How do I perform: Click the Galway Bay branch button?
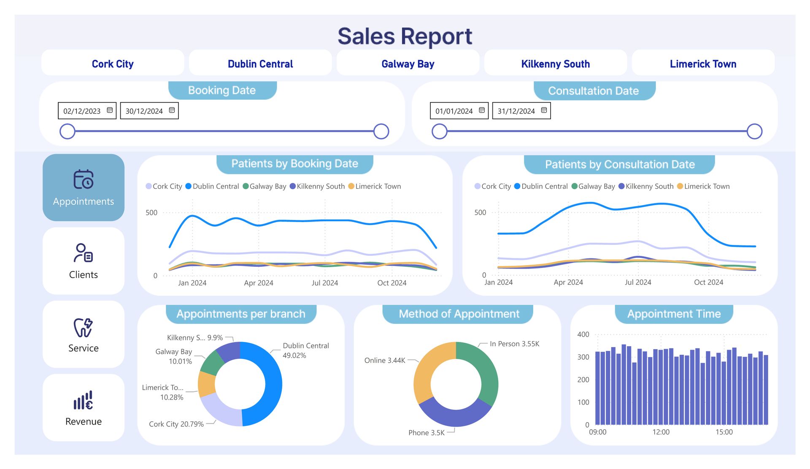click(408, 63)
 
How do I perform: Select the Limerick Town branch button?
click(703, 63)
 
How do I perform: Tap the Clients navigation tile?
click(84, 261)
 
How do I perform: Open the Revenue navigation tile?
click(84, 408)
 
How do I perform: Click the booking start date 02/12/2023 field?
click(87, 111)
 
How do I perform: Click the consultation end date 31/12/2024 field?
click(521, 111)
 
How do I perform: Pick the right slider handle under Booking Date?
click(381, 131)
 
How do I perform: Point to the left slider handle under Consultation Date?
click(440, 131)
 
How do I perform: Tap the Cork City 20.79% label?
click(176, 424)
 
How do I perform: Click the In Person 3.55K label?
click(514, 344)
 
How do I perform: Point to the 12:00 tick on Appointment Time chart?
click(661, 432)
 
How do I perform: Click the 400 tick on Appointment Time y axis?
click(583, 334)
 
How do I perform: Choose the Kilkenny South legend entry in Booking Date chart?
click(317, 186)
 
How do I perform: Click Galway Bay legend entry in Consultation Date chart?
click(593, 186)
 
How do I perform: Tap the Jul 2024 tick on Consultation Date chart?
click(638, 282)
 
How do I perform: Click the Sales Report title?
click(405, 36)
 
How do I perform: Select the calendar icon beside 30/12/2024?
click(172, 110)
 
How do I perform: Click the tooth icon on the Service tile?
click(83, 328)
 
